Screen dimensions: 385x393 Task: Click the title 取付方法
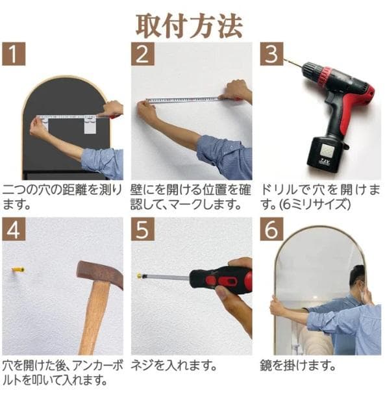pos(189,26)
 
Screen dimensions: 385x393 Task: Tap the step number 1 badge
pos(14,54)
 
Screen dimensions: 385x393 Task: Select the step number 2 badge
pos(143,54)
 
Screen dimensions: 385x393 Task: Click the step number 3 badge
pos(271,54)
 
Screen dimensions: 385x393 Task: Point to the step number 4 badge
pos(14,229)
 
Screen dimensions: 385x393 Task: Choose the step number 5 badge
pos(143,229)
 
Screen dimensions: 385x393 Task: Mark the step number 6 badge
pos(271,229)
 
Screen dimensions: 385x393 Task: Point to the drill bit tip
pos(284,59)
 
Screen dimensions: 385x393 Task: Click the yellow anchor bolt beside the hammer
pos(18,270)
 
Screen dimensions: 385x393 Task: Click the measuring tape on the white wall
pos(183,100)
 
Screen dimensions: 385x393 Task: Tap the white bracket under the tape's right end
pos(90,125)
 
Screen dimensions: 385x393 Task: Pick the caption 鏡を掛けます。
pos(297,366)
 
